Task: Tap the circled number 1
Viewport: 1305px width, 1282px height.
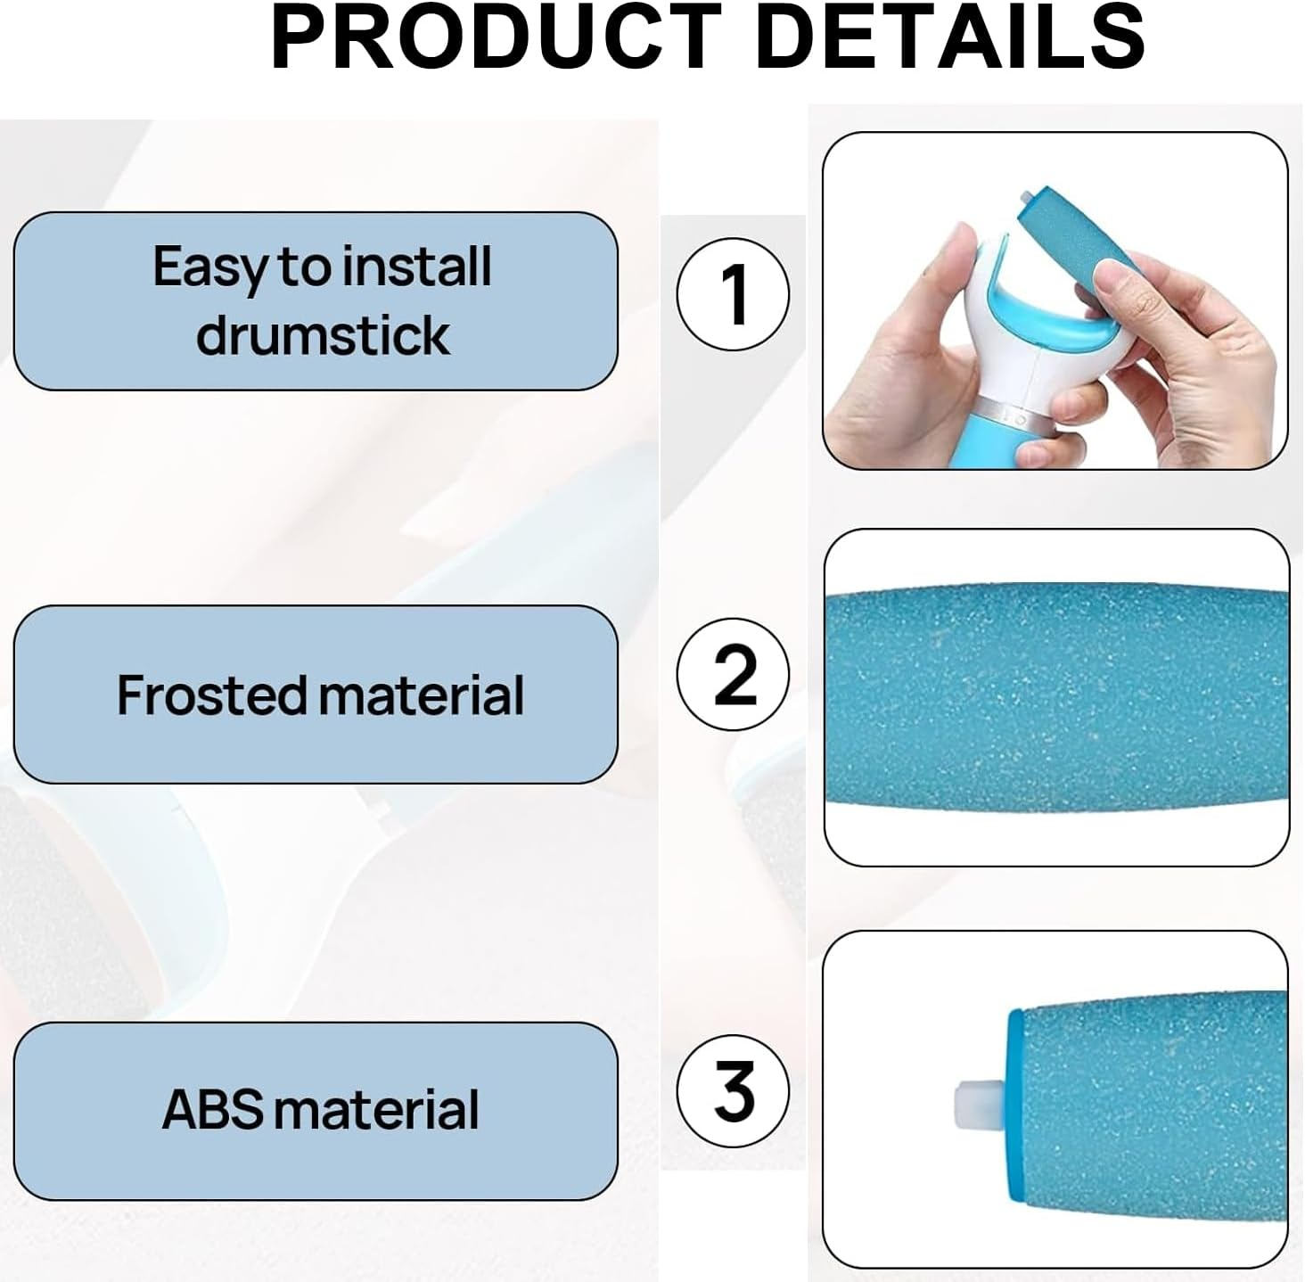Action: point(733,294)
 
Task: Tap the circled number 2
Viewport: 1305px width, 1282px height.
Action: point(733,674)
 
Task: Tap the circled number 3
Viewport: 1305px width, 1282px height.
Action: point(733,1090)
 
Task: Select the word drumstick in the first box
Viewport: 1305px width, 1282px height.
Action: point(323,335)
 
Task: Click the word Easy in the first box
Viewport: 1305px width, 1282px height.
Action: point(209,267)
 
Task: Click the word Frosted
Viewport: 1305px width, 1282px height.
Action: point(210,695)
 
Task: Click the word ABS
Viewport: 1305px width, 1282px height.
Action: point(213,1110)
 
